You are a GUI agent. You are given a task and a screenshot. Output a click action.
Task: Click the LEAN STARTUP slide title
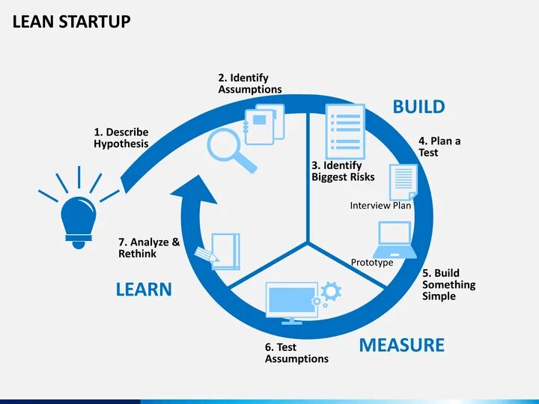tap(72, 22)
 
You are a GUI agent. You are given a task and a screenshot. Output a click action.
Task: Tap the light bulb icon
tap(77, 219)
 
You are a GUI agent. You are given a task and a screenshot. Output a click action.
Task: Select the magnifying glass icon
tap(231, 150)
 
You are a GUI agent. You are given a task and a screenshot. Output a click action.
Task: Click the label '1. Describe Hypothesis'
tap(121, 138)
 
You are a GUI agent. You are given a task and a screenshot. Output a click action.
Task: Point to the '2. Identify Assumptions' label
tap(250, 84)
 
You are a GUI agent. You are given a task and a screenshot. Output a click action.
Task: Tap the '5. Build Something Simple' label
tap(448, 284)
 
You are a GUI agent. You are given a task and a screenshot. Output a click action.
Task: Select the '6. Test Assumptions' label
tap(296, 353)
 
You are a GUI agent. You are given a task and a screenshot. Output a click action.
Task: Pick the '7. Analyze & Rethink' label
tap(149, 248)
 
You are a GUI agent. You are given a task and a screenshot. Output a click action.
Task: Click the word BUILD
tap(418, 107)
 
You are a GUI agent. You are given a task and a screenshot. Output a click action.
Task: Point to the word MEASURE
tap(401, 345)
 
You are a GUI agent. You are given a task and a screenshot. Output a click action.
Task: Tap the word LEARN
tap(144, 290)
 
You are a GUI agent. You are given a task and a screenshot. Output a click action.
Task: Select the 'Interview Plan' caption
tap(380, 206)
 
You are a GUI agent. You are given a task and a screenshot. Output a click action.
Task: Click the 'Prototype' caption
tap(372, 263)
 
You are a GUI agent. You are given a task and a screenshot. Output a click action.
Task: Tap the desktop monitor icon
tap(292, 302)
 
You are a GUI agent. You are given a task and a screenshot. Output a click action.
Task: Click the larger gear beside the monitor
tap(331, 290)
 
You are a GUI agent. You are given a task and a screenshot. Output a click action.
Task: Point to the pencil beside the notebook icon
tap(205, 254)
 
